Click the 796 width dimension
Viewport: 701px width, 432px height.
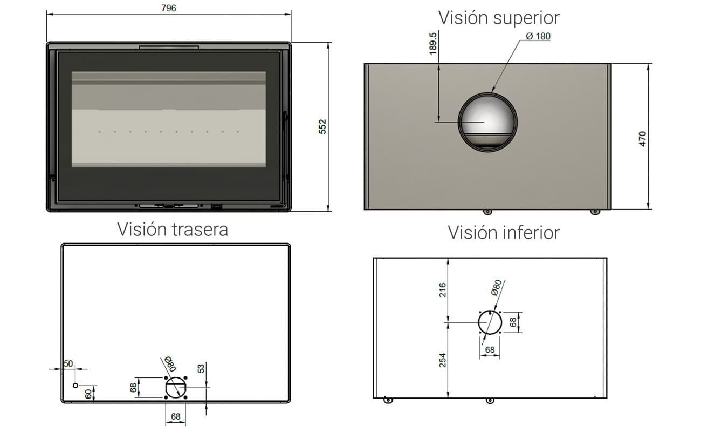pos(169,8)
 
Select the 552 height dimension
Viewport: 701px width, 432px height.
pos(322,127)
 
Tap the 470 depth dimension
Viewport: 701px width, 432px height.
pos(642,139)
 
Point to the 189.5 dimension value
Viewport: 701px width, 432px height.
pos(433,44)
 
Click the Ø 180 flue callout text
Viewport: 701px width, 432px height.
pos(538,36)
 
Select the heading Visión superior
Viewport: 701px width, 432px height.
pos(499,18)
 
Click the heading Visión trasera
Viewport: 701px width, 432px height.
pos(173,230)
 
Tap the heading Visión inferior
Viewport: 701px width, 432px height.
pos(504,233)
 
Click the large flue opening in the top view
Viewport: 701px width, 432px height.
pos(459,122)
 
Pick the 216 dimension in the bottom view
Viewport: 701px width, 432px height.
pos(442,290)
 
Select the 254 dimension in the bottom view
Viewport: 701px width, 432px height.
pos(442,360)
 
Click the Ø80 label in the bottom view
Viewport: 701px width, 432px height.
pos(496,287)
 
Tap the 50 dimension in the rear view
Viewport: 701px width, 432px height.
pos(68,363)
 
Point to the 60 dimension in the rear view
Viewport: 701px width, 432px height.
pos(88,394)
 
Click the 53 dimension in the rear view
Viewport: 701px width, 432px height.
pos(201,368)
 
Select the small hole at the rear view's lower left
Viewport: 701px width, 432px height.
pos(75,385)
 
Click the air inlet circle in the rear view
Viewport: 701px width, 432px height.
pos(166,388)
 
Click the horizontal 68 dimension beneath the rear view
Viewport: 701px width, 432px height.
pos(176,416)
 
